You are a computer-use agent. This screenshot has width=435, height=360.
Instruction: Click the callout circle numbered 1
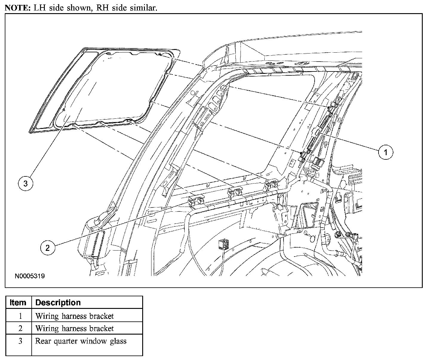(385, 152)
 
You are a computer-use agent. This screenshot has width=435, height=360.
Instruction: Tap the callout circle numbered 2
(48, 247)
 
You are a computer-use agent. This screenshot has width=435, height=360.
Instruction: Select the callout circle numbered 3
(25, 183)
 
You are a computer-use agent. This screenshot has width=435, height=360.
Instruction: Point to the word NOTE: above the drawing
(16, 8)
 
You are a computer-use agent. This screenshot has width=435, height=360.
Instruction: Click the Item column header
(18, 302)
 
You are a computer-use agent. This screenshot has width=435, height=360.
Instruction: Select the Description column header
(58, 302)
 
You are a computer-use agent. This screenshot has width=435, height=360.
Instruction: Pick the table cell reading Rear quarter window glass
(81, 341)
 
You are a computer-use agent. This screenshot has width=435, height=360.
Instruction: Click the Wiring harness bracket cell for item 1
(74, 316)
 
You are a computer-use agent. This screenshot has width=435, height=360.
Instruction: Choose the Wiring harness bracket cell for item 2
(74, 328)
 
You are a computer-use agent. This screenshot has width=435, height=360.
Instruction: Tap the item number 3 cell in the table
(20, 341)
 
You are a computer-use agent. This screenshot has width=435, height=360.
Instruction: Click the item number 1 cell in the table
(20, 316)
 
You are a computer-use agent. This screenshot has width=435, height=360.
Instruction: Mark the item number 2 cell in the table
(20, 328)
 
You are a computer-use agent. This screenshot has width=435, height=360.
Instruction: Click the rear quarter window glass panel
(105, 90)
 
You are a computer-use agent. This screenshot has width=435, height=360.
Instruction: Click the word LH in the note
(38, 8)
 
